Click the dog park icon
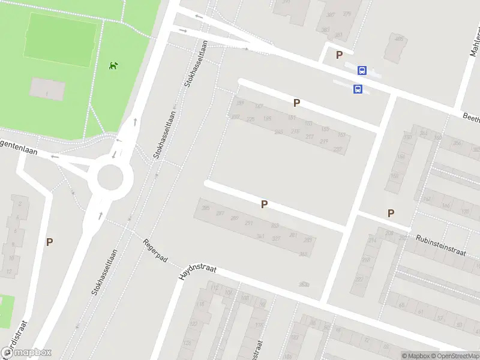113,65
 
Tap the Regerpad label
155,253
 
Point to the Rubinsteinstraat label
440,244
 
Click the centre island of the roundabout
110,177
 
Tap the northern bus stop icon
362,70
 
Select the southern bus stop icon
358,89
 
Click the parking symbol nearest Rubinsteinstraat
391,213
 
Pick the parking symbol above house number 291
264,205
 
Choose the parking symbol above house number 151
296,103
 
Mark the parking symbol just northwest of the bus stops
339,55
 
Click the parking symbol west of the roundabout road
50,242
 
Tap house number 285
206,208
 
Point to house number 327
277,238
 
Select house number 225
250,119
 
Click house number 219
324,141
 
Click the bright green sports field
60,36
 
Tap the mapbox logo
26,353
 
